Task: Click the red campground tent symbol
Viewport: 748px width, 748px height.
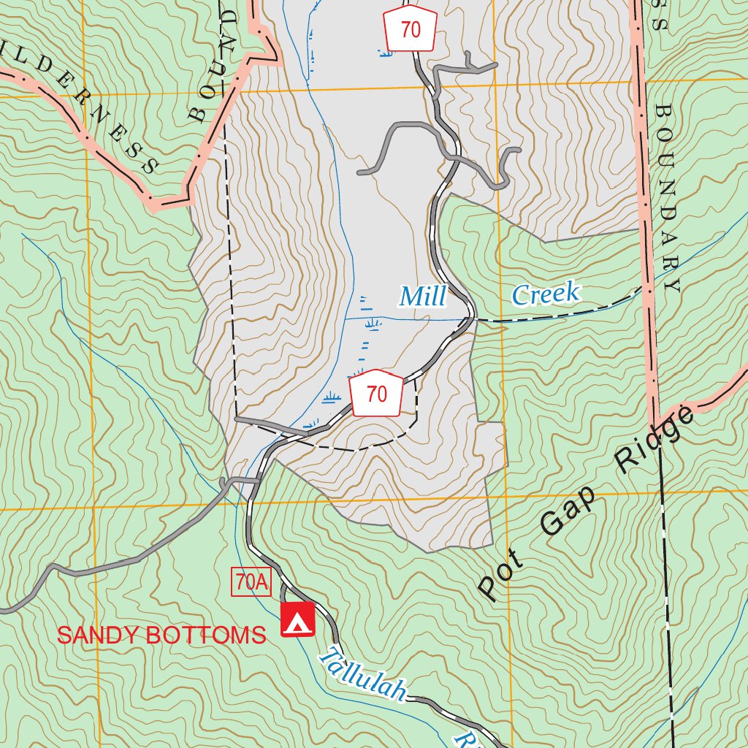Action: coord(297,619)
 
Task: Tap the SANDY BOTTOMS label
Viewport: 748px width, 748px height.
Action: coord(161,636)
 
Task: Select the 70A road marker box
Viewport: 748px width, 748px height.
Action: coord(251,582)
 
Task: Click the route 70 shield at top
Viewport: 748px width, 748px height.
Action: coord(411,30)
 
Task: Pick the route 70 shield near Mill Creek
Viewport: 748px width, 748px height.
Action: coord(376,394)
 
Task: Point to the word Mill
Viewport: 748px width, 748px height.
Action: coord(423,297)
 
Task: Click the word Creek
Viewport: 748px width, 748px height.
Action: coord(546,294)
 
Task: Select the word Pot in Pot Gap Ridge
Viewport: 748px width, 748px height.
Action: coord(501,576)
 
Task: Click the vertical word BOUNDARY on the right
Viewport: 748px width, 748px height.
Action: coord(666,197)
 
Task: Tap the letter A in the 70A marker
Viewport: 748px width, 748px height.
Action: coord(262,582)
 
